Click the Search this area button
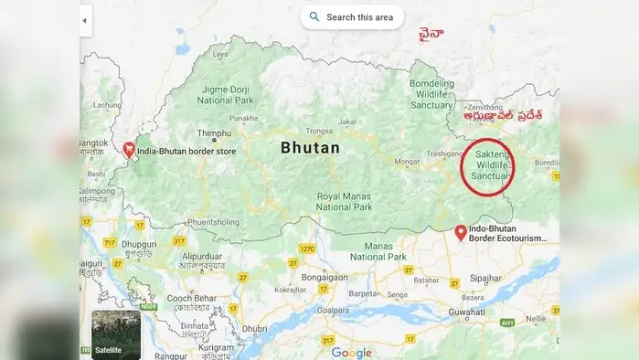tap(351, 16)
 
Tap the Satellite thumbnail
tap(116, 334)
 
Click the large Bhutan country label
tap(310, 147)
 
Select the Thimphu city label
tap(214, 132)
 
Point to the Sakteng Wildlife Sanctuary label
tap(488, 165)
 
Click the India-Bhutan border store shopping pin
tap(129, 149)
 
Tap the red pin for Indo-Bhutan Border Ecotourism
tap(460, 231)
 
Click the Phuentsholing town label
tap(213, 221)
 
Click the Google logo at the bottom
tap(351, 352)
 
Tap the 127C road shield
tap(306, 248)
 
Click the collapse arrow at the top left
tap(85, 19)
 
